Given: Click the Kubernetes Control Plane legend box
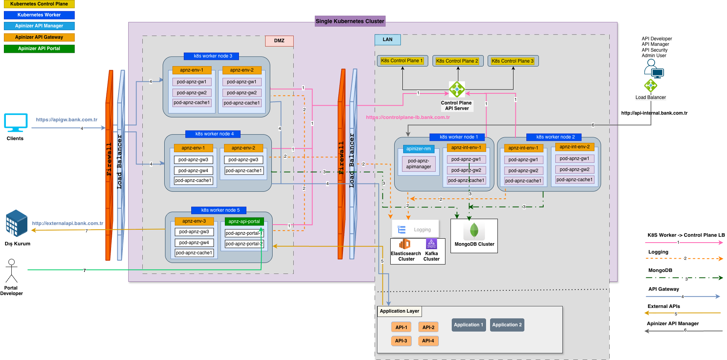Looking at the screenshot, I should click(x=39, y=4).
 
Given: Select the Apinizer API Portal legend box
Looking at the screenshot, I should click(x=39, y=49).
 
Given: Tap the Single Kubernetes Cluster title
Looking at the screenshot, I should click(x=350, y=21).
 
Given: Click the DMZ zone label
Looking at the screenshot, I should click(x=279, y=41).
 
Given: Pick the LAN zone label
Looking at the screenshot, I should click(x=388, y=40).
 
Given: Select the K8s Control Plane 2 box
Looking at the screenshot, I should click(x=458, y=61).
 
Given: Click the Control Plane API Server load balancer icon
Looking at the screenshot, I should click(x=457, y=89).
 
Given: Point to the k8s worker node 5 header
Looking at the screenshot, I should click(x=220, y=210).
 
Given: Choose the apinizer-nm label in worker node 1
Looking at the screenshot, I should click(x=418, y=149).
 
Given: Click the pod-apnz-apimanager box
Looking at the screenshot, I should click(x=418, y=164).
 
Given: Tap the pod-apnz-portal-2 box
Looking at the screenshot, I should click(x=244, y=244).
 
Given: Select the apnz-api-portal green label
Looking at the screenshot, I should click(x=244, y=221).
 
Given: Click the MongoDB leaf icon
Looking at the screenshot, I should click(x=474, y=230).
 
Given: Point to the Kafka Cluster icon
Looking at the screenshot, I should click(x=431, y=244).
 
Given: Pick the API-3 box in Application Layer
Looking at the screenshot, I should click(x=401, y=341).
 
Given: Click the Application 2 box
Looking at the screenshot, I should click(x=507, y=325).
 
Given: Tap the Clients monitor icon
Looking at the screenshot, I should click(x=16, y=122).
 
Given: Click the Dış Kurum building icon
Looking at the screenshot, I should click(x=17, y=223).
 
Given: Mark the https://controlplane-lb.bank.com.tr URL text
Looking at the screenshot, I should click(x=408, y=117).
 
